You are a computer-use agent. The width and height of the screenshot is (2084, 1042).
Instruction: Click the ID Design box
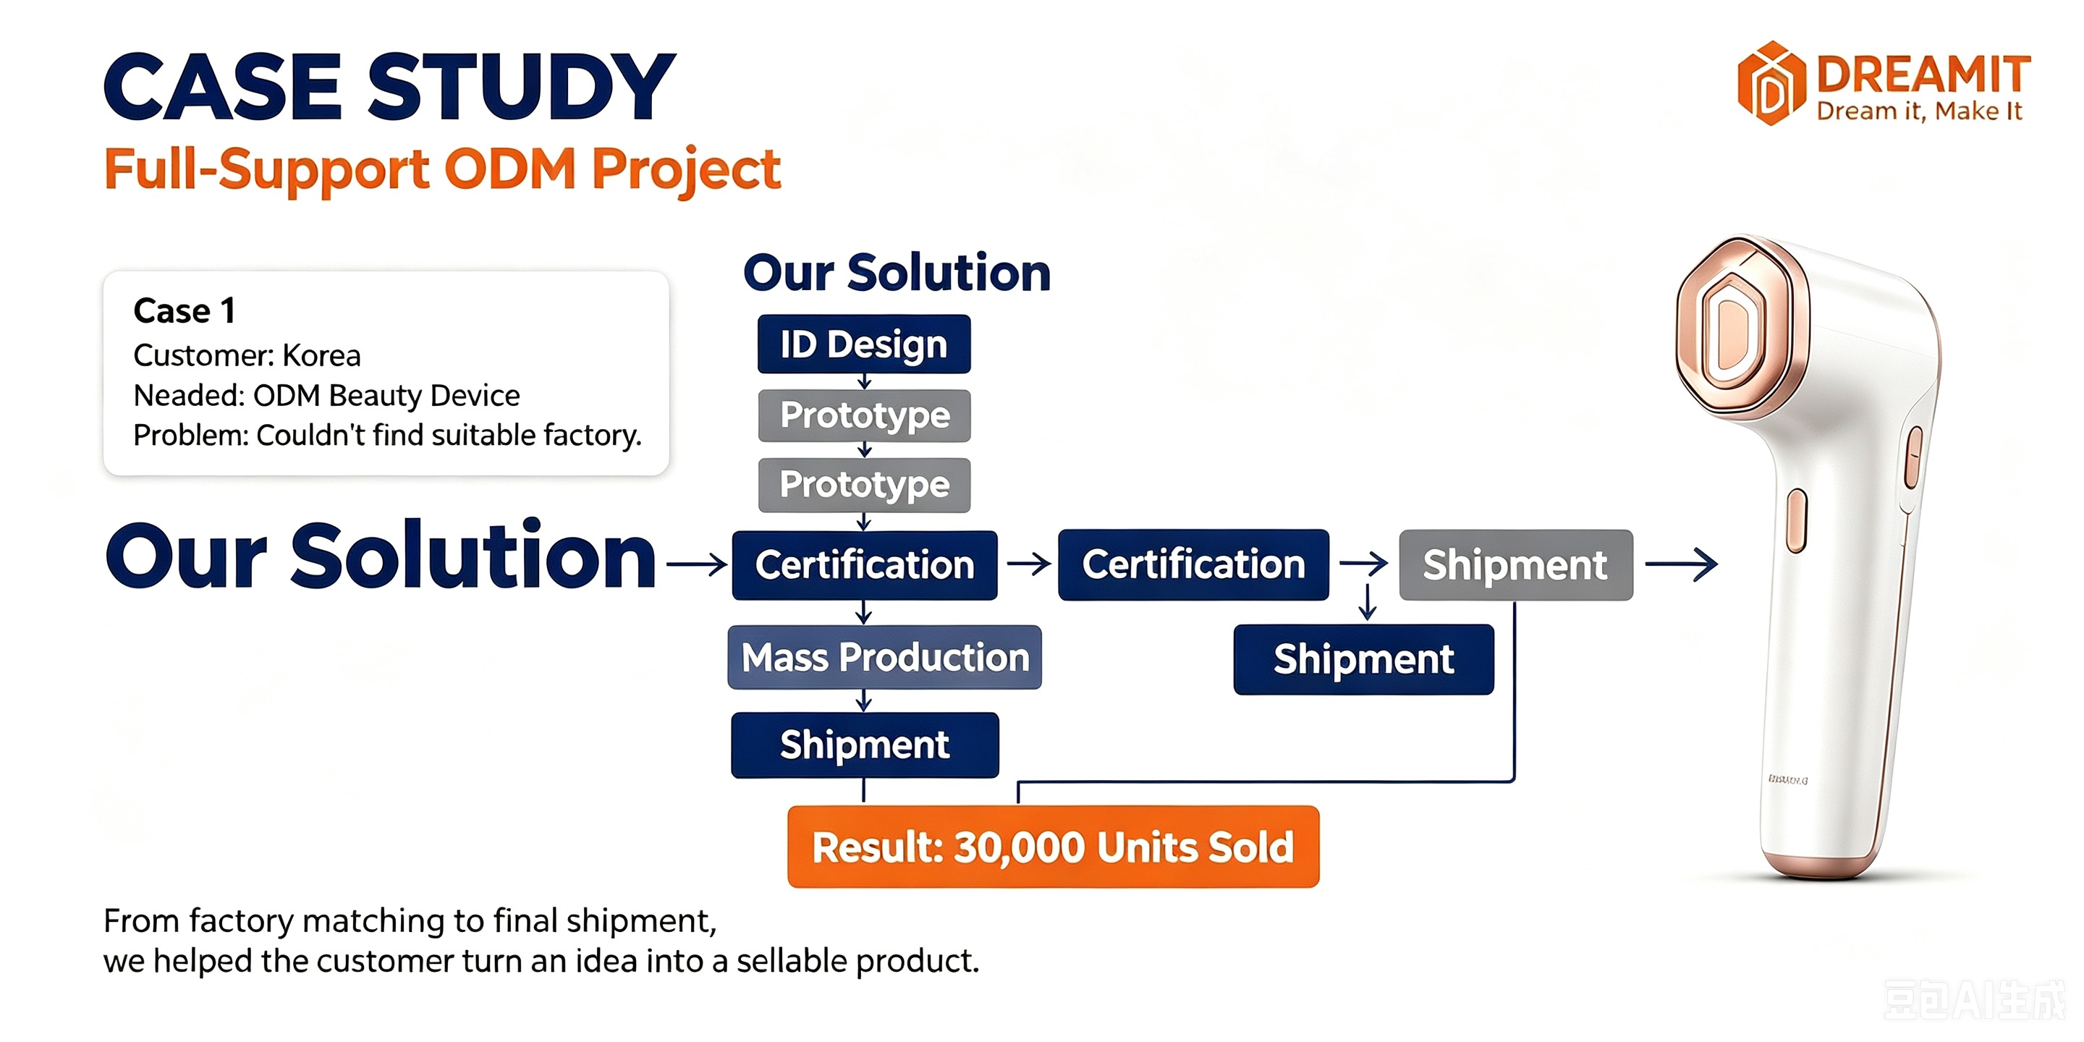864,344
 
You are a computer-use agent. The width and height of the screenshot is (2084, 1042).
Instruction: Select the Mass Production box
884,657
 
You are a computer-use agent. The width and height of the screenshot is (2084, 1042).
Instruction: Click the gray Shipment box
1516,564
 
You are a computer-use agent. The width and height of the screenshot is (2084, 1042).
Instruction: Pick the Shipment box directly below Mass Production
865,745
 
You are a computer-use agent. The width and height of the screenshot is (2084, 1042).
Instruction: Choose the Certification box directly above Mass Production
865,564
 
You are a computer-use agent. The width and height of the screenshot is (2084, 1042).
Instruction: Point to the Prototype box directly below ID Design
864,415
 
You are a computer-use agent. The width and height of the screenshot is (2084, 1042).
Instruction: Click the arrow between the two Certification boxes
1028,564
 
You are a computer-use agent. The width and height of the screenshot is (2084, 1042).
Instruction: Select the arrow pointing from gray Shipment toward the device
1681,564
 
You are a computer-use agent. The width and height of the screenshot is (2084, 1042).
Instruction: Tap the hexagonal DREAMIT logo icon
1771,83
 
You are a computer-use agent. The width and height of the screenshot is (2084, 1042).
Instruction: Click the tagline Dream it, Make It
1919,111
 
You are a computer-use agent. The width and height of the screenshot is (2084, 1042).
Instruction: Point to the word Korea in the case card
321,355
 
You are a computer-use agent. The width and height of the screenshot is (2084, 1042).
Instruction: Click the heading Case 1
185,310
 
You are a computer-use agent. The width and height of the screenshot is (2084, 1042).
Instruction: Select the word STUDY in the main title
522,86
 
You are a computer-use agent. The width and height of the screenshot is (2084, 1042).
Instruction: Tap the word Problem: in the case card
191,435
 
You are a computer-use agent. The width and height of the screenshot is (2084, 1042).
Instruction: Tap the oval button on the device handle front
1796,521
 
